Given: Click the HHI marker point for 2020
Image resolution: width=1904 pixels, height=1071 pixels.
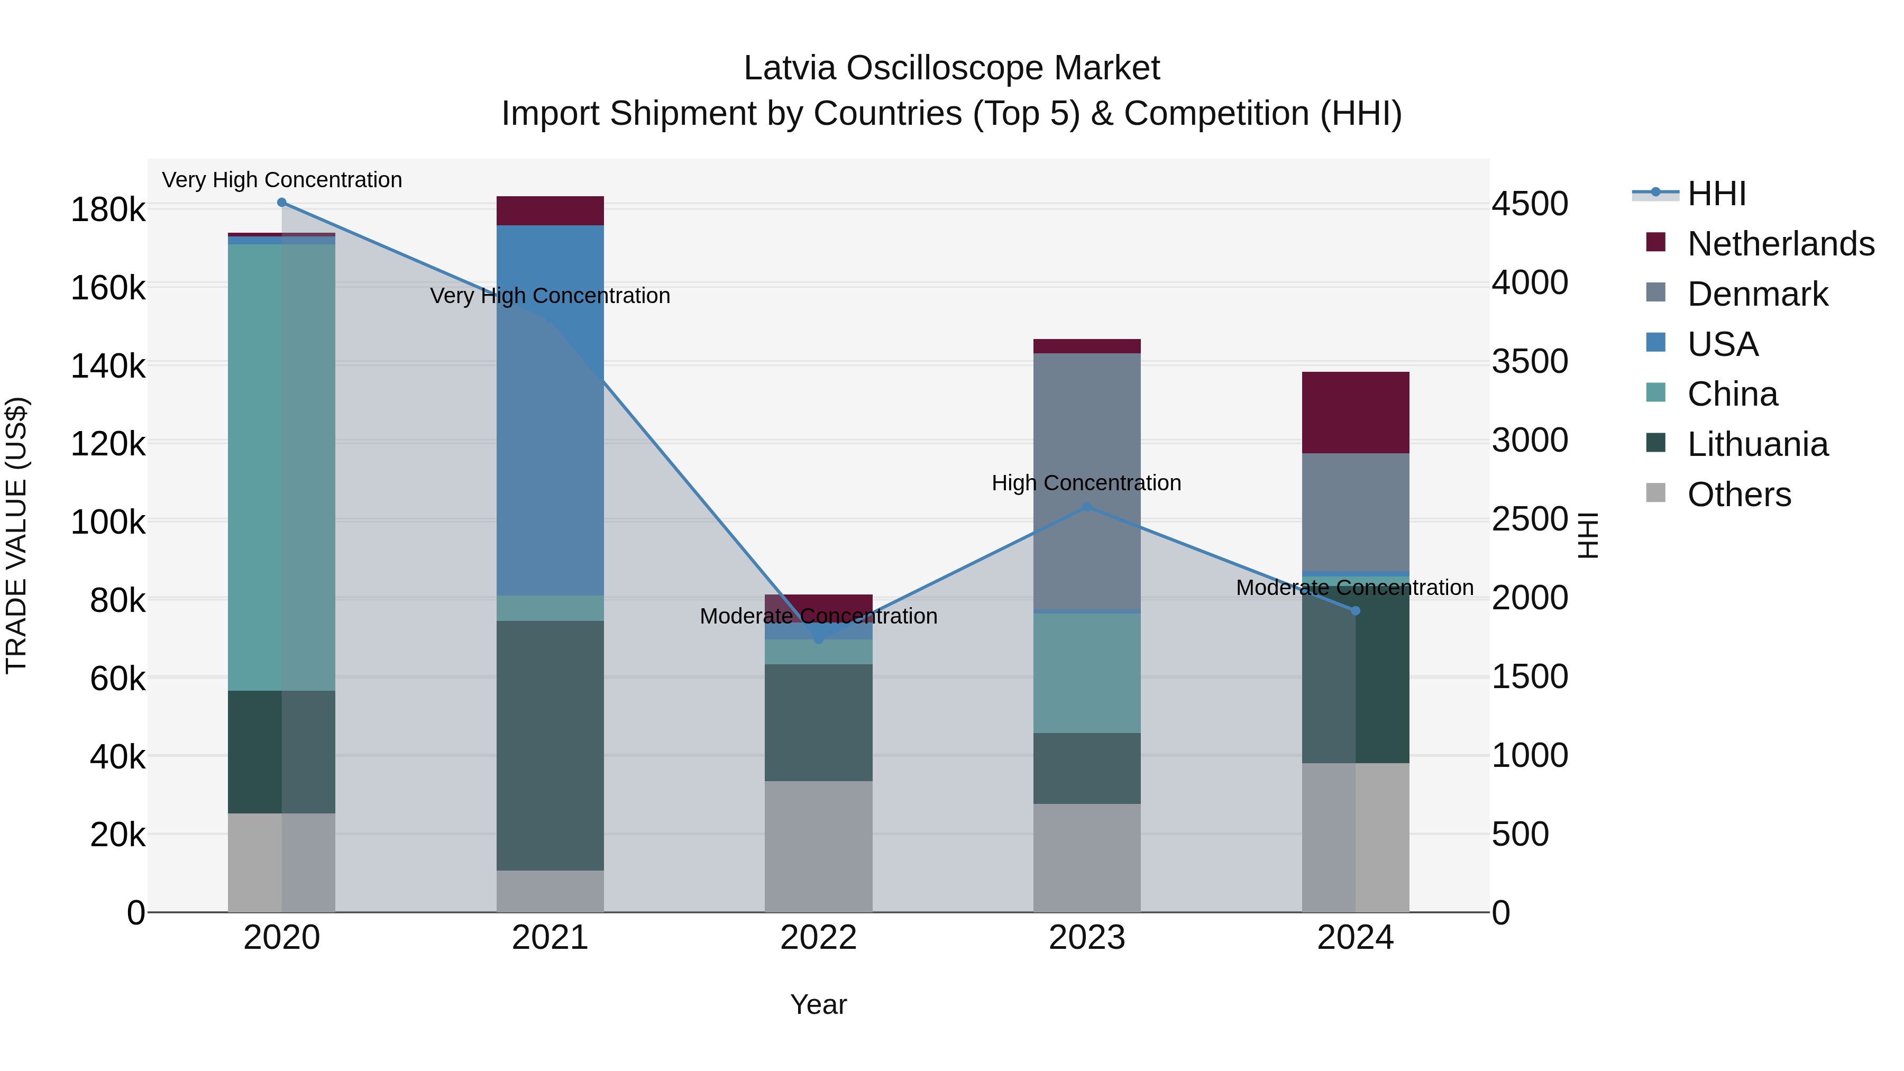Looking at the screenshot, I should point(281,203).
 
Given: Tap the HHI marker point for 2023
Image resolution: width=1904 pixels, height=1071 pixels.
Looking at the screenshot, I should point(1086,507).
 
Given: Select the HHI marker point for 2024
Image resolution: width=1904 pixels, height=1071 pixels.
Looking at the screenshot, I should point(1355,610).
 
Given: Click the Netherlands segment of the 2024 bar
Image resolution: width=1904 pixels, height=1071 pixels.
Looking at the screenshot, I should point(1355,413).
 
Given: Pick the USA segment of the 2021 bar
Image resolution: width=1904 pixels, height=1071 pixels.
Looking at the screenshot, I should point(550,410).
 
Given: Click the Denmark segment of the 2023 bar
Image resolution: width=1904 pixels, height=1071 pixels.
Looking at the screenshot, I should point(1086,480).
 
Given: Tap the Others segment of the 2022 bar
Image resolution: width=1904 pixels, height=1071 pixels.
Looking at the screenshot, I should point(818,846).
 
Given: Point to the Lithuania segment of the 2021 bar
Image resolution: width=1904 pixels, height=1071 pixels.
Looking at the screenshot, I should point(550,745).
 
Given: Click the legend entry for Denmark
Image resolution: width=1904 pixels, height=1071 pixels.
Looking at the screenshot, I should point(1757,294).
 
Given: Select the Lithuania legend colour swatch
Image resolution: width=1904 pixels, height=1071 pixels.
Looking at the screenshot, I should point(1655,444).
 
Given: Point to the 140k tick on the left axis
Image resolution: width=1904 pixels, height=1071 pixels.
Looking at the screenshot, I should point(108,366).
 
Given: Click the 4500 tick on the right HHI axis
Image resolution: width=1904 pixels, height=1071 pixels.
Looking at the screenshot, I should point(1529,204).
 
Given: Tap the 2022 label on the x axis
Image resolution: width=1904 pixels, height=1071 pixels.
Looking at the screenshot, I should point(818,938).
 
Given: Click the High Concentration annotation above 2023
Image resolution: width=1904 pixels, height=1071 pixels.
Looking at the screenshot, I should point(1086,483).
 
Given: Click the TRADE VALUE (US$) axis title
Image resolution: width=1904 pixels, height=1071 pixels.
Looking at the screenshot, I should point(17,535).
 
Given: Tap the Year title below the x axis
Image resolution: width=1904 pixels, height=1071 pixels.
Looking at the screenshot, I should point(818,1004).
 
